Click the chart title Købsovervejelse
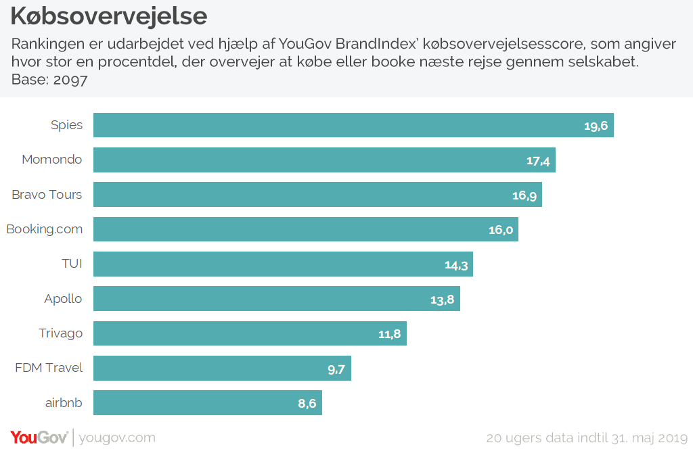tap(109, 16)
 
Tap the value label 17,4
tap(539, 160)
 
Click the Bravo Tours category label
tap(47, 195)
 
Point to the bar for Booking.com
tap(305, 229)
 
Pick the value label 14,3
tap(456, 264)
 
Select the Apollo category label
tap(63, 299)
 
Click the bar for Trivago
tap(250, 333)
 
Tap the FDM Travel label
tap(49, 368)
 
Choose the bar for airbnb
tap(207, 402)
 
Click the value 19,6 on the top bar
tap(596, 126)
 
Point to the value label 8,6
tap(307, 403)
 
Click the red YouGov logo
tap(39, 438)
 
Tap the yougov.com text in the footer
tap(117, 438)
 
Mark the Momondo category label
tap(52, 160)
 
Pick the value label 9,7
tap(336, 369)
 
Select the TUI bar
tap(283, 264)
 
